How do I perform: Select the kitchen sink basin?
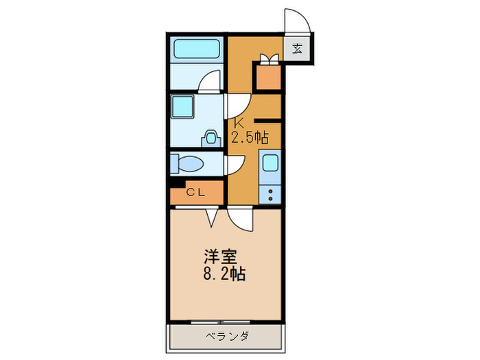pyautogui.click(x=269, y=164)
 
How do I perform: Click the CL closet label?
pyautogui.click(x=195, y=193)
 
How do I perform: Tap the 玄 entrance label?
pyautogui.click(x=298, y=49)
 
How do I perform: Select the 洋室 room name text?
pyautogui.click(x=219, y=258)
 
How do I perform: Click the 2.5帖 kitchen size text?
pyautogui.click(x=249, y=136)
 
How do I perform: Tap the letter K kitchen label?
pyautogui.click(x=239, y=123)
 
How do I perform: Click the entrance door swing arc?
pyautogui.click(x=296, y=21)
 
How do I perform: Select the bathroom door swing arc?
pyautogui.click(x=208, y=83)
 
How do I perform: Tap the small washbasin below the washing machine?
pyautogui.click(x=211, y=137)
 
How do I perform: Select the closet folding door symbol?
pyautogui.click(x=211, y=216)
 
